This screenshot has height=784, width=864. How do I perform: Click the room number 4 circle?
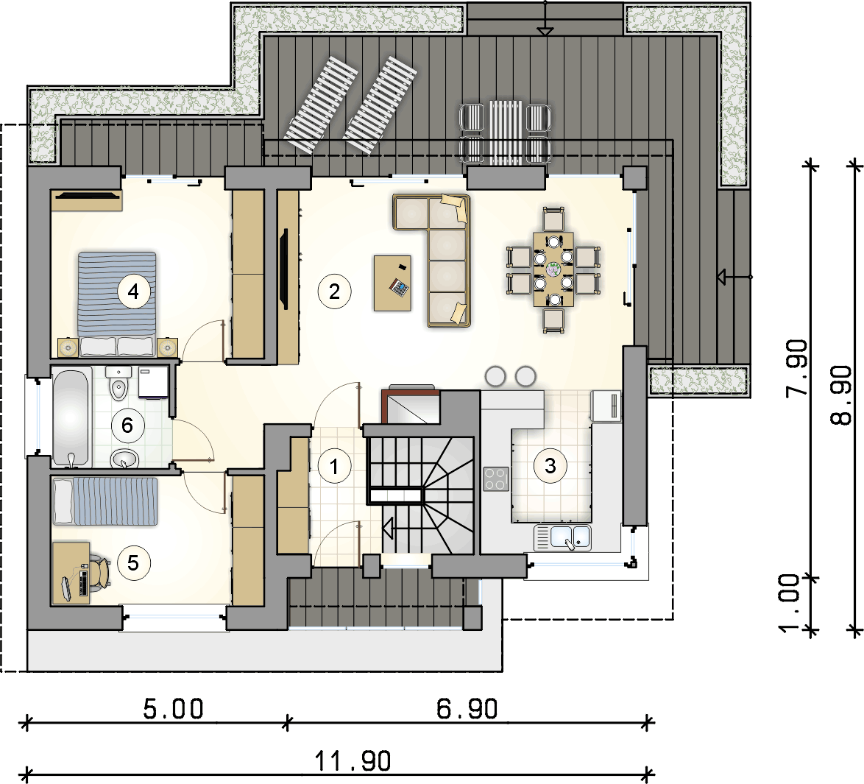click(x=133, y=291)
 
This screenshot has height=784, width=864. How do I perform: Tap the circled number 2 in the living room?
click(x=334, y=291)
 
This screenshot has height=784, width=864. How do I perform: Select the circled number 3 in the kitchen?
click(x=550, y=466)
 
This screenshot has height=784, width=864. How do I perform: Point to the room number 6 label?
click(x=127, y=425)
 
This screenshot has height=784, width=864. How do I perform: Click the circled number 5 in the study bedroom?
click(x=133, y=563)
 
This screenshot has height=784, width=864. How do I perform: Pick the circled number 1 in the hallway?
click(x=334, y=467)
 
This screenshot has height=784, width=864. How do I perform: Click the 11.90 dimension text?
click(x=353, y=761)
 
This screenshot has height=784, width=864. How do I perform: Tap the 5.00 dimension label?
click(x=173, y=709)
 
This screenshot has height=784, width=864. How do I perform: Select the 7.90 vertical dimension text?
click(x=797, y=368)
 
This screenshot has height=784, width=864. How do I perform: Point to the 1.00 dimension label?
click(x=789, y=603)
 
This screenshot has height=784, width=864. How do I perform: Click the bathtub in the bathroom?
click(x=71, y=417)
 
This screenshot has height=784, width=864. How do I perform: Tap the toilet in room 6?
click(x=118, y=384)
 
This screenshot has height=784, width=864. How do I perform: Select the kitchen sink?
click(x=562, y=537)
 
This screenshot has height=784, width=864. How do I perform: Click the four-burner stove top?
click(x=496, y=478)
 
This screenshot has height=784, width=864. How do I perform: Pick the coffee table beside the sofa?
click(x=392, y=283)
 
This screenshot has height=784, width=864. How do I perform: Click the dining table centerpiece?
click(x=553, y=269)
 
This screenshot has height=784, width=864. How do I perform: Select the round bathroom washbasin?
click(x=125, y=459)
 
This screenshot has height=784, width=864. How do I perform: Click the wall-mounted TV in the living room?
click(x=284, y=269)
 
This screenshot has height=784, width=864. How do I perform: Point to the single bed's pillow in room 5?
click(x=63, y=501)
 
